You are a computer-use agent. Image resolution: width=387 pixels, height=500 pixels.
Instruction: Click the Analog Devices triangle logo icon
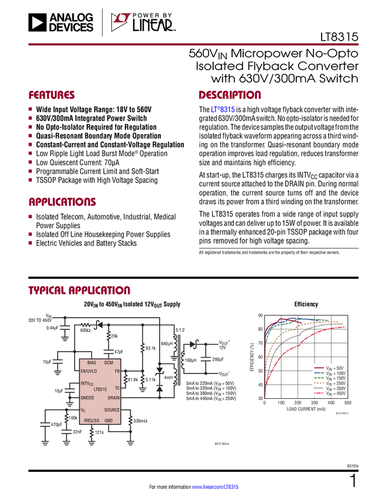38,22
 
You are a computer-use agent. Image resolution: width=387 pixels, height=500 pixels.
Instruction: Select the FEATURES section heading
52,95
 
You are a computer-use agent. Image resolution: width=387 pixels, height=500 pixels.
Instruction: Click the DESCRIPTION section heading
230,95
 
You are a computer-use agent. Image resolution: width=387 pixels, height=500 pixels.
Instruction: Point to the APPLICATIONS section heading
62,202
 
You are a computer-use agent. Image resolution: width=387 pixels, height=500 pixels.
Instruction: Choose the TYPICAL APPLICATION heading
79,291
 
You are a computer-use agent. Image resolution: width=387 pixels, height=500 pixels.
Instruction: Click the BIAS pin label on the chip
91,363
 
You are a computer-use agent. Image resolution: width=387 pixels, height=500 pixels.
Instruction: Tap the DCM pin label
108,363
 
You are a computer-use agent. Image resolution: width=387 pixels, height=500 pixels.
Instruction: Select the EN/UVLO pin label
89,372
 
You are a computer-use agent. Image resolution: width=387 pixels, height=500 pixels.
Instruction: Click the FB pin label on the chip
117,372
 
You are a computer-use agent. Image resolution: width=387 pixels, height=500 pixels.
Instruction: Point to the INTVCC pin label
87,384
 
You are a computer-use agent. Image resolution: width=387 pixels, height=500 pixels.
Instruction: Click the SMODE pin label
87,398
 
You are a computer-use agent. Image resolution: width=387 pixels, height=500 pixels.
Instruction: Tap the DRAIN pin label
113,398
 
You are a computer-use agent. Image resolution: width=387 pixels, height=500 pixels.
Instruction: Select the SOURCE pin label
112,410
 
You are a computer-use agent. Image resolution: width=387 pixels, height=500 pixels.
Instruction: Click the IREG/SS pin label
91,421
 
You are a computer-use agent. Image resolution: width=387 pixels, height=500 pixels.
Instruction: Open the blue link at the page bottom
216,487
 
